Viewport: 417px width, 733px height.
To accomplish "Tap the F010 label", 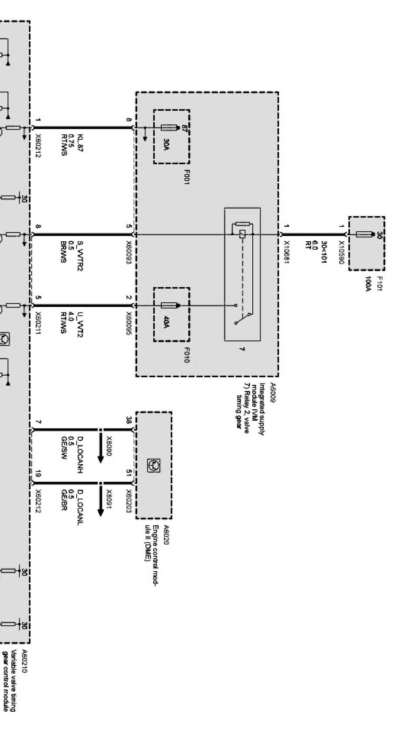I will tap(186, 355).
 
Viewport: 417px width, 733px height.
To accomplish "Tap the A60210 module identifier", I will tap(24, 661).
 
